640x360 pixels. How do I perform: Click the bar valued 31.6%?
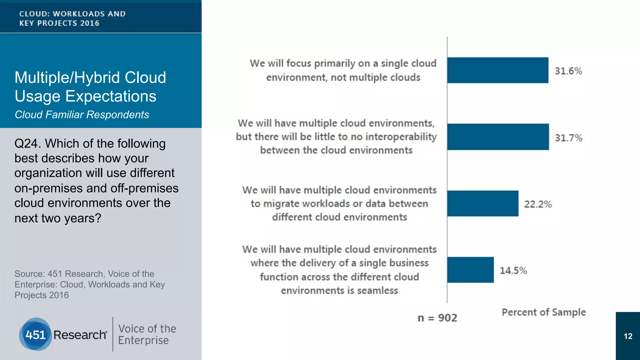point(497,70)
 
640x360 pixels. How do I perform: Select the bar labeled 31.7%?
point(498,137)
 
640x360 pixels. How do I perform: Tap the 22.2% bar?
point(482,203)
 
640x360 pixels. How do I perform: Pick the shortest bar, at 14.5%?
point(470,270)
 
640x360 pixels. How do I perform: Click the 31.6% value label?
point(568,71)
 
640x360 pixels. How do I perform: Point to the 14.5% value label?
point(513,270)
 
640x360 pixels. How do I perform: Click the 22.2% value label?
point(537,204)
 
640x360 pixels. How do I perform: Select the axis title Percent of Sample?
point(543,312)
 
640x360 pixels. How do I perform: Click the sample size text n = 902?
point(437,318)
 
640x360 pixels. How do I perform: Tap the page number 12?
point(628,336)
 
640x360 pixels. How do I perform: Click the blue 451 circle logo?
point(36,334)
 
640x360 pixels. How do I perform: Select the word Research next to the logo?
point(80,335)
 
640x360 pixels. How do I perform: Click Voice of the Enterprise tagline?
point(147,334)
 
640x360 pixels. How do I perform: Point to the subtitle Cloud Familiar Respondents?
point(82,115)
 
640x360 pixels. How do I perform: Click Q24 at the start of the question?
point(27,143)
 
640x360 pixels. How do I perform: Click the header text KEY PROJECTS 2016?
point(59,23)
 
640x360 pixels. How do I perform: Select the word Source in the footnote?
point(30,274)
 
